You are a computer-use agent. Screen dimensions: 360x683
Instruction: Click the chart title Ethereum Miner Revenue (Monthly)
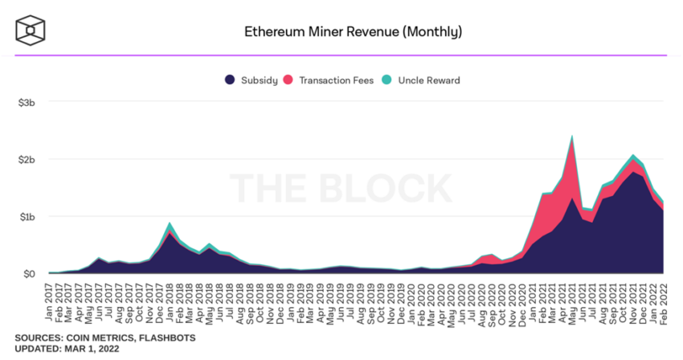point(353,32)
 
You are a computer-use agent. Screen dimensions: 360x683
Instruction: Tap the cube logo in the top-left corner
point(30,31)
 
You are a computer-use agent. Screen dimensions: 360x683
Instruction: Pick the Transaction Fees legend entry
point(329,80)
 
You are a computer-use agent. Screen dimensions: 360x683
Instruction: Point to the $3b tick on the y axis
point(29,103)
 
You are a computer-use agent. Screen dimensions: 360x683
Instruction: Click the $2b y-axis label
point(29,159)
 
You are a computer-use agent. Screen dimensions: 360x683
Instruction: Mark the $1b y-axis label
point(29,216)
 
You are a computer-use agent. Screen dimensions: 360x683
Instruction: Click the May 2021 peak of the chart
point(572,137)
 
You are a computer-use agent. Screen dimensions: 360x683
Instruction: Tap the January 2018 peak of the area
point(170,223)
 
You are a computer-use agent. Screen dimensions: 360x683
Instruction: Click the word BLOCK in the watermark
point(386,186)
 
